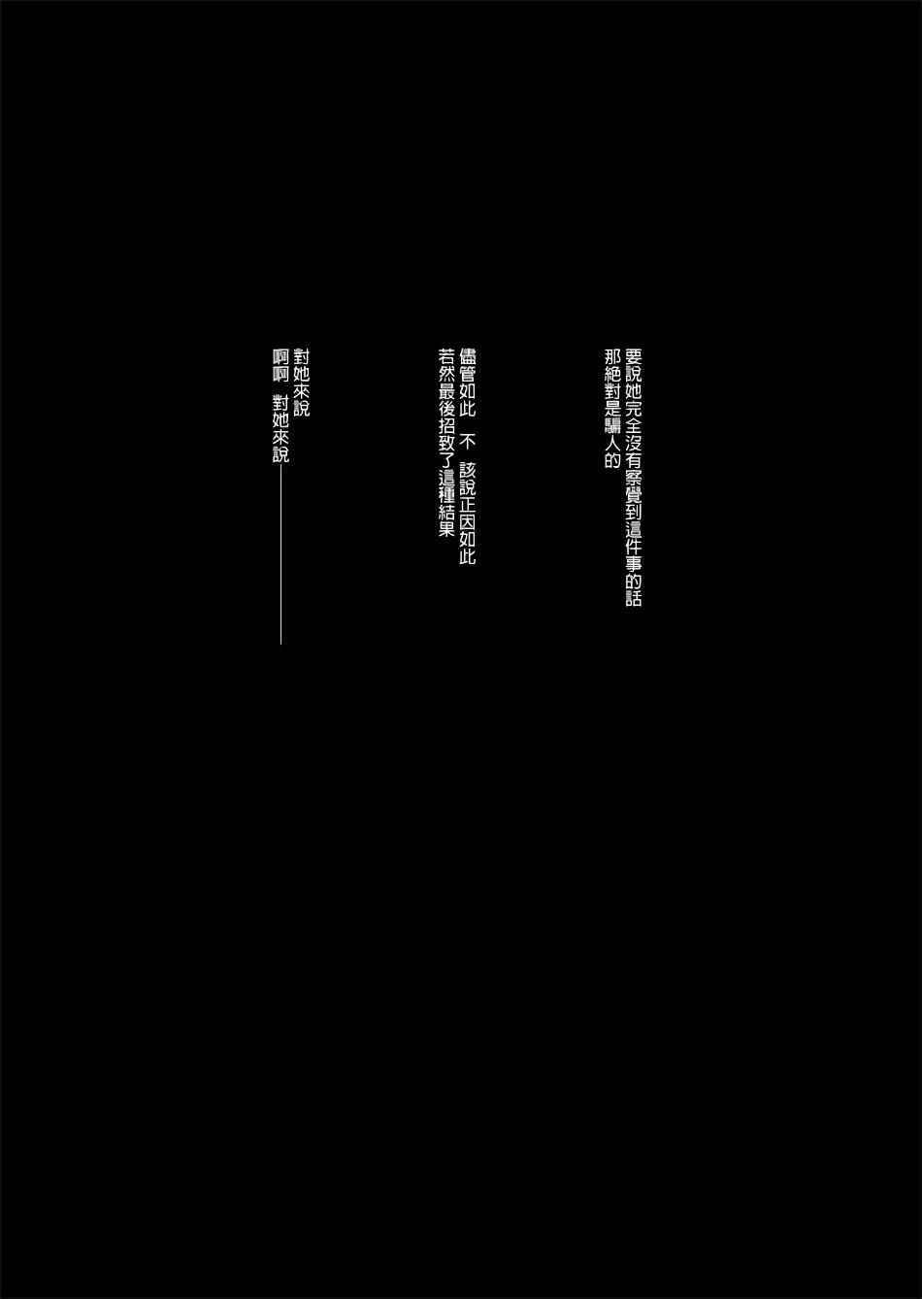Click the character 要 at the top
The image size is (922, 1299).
tap(633, 356)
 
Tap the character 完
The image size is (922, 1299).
tap(633, 409)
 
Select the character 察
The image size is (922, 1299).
tap(633, 479)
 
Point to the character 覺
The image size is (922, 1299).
tap(633, 495)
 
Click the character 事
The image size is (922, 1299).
tap(633, 564)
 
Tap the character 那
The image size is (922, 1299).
tap(612, 356)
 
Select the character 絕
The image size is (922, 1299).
tap(612, 374)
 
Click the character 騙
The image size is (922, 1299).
tap(612, 426)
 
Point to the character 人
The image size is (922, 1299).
tap(612, 444)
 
